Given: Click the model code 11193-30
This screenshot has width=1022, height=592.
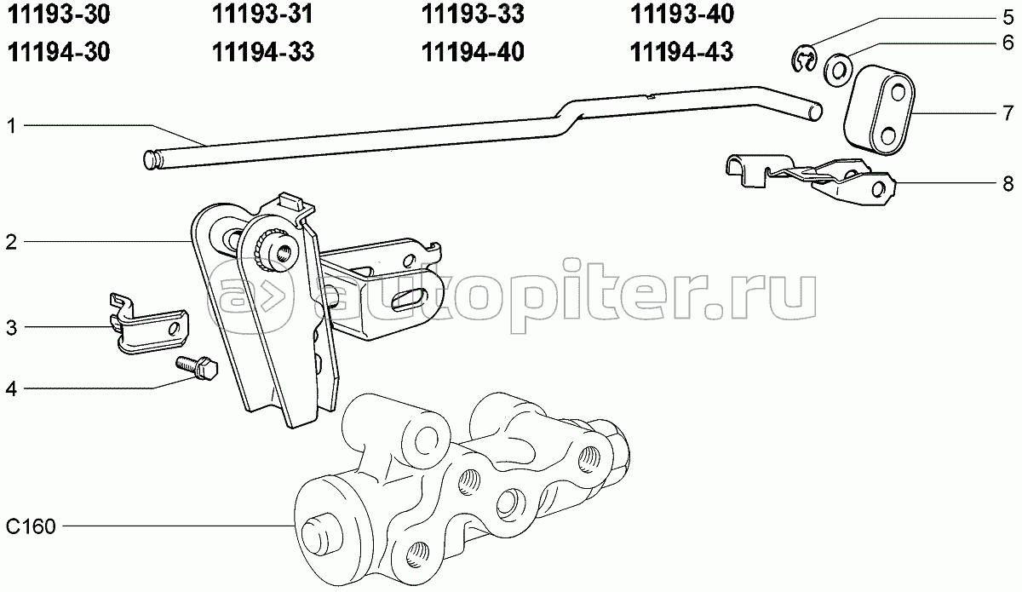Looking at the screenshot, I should coord(58,14).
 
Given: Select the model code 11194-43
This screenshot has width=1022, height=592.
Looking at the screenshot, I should coord(682,52).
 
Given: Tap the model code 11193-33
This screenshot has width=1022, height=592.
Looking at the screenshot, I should coord(473,14).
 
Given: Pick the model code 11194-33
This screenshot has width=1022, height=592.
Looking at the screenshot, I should coord(263,52).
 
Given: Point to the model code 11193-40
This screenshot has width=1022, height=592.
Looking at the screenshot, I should coord(682,14).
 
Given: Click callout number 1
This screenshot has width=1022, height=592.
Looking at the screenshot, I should coord(12,126).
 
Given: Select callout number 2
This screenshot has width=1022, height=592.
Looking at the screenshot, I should coord(12,243).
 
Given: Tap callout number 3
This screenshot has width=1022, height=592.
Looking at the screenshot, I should coord(12,327).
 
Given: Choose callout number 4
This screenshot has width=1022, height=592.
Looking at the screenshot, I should coord(12,389).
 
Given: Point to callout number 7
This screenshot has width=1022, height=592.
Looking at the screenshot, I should coord(1007,112).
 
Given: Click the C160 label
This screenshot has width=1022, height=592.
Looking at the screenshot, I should coord(30,527).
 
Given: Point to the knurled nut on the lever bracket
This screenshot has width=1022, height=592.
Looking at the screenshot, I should coord(275,248).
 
